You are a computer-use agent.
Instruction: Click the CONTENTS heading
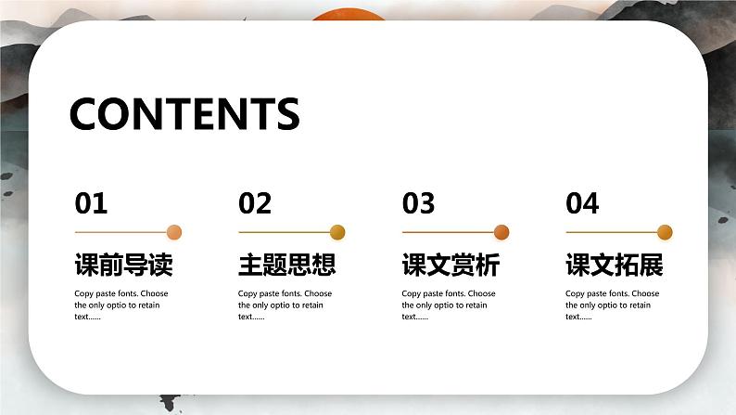coord(184,113)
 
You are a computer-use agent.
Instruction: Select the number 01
coord(91,203)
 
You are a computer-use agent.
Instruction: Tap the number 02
coord(255,203)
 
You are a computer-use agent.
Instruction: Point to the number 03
coord(418,203)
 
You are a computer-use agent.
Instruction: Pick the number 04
coord(582,203)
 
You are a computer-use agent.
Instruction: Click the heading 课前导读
coord(123,266)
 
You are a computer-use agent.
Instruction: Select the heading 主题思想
coord(287,266)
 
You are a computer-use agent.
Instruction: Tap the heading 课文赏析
coord(450,266)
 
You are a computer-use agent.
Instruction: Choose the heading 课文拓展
coord(615,266)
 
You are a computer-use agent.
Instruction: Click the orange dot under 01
coord(174,232)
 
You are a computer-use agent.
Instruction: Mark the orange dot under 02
coord(337,232)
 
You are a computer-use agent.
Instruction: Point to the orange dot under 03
coord(501,232)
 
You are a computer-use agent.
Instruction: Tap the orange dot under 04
coord(665,232)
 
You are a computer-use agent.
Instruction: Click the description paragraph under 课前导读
coord(121,305)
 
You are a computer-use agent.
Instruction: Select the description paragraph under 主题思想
coord(285,305)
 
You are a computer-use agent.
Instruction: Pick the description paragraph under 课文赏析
coord(449,305)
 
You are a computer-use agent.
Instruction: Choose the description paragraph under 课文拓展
coord(612,305)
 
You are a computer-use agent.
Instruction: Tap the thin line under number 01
coord(120,232)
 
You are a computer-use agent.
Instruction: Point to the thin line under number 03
coord(447,232)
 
